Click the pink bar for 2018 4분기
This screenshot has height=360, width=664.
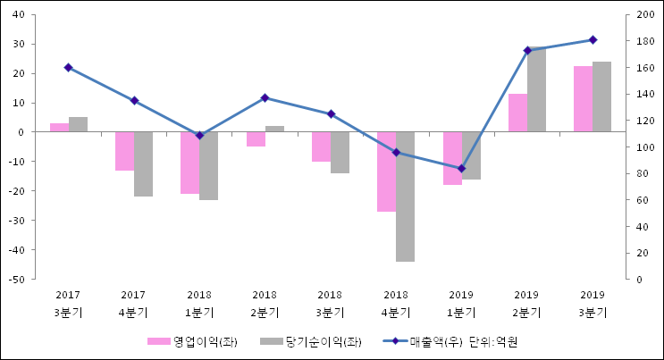click(386, 172)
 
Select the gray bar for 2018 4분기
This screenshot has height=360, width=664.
click(406, 197)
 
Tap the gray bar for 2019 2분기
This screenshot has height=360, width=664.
click(536, 90)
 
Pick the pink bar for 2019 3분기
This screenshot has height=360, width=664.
click(583, 99)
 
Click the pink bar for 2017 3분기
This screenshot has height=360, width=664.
click(59, 128)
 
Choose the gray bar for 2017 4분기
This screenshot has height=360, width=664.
click(144, 163)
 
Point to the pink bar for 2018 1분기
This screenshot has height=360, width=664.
click(189, 163)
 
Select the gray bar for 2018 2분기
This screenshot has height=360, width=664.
click(274, 129)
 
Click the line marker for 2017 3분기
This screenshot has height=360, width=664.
click(68, 68)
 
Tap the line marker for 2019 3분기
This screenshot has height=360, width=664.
click(593, 39)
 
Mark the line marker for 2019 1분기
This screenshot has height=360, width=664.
click(461, 168)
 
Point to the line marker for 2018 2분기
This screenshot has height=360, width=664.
click(265, 97)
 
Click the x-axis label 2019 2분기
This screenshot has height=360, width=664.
click(526, 303)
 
